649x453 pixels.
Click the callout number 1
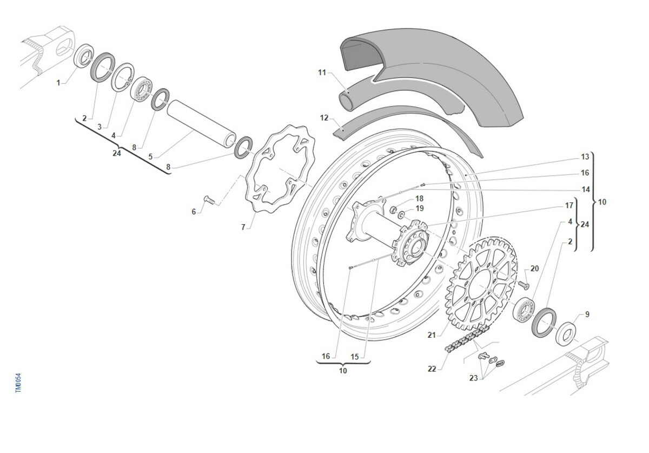point(59,83)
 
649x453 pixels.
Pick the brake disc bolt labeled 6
point(209,200)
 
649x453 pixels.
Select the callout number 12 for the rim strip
point(325,117)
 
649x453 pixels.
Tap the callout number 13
point(585,157)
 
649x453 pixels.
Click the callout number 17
point(569,206)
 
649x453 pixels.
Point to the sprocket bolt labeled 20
point(524,283)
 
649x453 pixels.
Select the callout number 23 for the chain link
point(474,378)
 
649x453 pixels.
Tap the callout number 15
point(355,357)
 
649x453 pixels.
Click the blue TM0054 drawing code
point(18,383)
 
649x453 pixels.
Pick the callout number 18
point(420,199)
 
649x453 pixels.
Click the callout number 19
point(420,208)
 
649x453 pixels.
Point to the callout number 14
point(585,190)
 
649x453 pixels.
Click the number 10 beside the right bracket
point(602,202)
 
